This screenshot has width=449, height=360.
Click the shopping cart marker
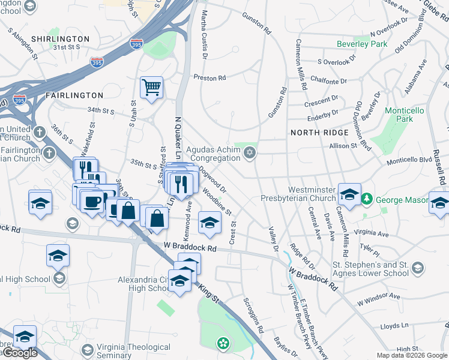coord(152,87)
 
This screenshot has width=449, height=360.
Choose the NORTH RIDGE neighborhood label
coord(319,133)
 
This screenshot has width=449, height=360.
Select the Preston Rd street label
coord(209,77)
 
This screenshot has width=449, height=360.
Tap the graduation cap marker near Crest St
coord(209,223)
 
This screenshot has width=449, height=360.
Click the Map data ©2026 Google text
coord(412,355)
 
